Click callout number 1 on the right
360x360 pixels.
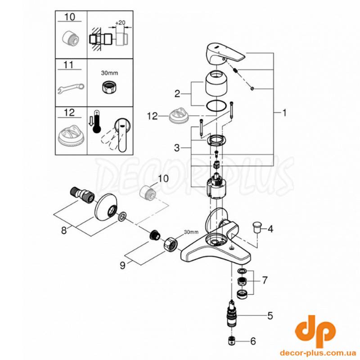click(284, 113)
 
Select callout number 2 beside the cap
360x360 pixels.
click(177, 94)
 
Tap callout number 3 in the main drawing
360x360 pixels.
click(176, 148)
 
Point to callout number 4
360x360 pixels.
click(270, 229)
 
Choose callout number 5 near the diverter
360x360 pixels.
click(270, 316)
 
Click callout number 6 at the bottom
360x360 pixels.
click(253, 341)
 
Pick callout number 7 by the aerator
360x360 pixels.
click(265, 280)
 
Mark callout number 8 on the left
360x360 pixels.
click(64, 230)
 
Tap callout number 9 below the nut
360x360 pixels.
click(122, 265)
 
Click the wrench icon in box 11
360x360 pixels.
click(71, 88)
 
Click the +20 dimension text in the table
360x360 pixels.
click(120, 23)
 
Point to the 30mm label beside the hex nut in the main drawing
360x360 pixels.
click(191, 232)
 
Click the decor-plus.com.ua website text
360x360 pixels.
click(318, 352)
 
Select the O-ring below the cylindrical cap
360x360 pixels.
click(216, 106)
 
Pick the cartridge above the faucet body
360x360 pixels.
click(216, 185)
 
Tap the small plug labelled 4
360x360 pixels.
click(257, 226)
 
